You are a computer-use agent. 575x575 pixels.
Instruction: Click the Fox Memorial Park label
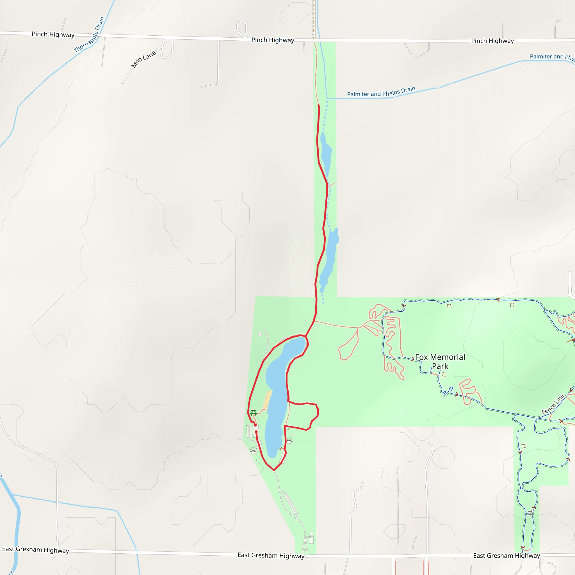click(x=440, y=361)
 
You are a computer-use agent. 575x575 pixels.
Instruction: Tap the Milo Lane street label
click(x=143, y=59)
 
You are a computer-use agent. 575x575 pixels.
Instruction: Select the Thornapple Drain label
click(x=89, y=35)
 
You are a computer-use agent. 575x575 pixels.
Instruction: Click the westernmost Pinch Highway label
click(x=53, y=35)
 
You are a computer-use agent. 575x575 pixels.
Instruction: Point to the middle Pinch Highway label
click(x=273, y=40)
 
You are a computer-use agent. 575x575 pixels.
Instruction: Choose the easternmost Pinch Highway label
click(x=492, y=41)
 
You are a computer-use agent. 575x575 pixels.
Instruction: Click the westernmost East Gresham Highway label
click(x=35, y=550)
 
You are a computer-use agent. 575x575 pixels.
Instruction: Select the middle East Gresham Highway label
click(x=271, y=555)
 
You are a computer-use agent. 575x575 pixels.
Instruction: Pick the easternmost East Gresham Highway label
click(x=506, y=556)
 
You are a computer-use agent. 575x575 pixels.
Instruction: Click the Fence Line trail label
click(x=552, y=404)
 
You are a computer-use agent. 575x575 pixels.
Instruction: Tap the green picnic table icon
click(x=253, y=413)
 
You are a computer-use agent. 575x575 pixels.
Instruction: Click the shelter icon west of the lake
click(x=253, y=453)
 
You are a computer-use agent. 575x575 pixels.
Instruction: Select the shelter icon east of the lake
click(x=289, y=442)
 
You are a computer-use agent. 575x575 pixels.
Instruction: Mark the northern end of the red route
click(x=318, y=105)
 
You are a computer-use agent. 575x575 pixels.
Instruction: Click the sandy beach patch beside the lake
click(x=267, y=401)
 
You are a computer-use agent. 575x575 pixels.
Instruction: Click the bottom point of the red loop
click(x=274, y=470)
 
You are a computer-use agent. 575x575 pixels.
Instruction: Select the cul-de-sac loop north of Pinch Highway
click(x=242, y=29)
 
